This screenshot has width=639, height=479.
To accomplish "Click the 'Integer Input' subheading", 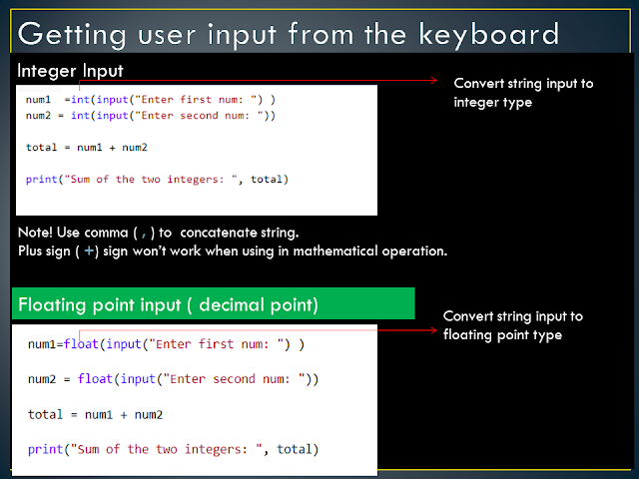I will pyautogui.click(x=70, y=72).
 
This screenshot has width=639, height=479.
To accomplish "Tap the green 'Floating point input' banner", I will pyautogui.click(x=214, y=303).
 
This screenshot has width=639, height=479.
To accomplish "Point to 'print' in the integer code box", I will pyautogui.click(x=42, y=180).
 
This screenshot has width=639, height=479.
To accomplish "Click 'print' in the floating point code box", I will pyautogui.click(x=46, y=449).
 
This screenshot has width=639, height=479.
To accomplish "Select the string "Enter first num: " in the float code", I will pyautogui.click(x=211, y=344).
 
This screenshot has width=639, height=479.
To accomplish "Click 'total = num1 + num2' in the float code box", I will pyautogui.click(x=96, y=414).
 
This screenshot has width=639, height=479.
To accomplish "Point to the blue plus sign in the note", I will pyautogui.click(x=89, y=250).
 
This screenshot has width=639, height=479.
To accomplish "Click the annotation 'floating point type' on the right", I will pyautogui.click(x=502, y=334).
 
